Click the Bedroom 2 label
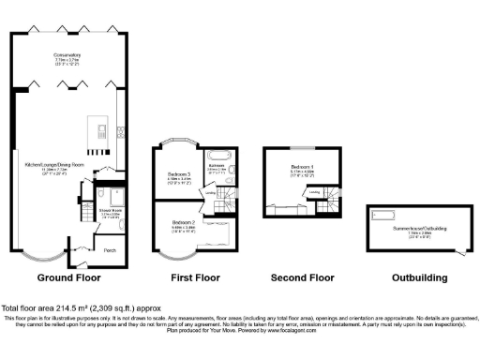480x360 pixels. click(x=183, y=223)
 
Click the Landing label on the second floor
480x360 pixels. click(x=315, y=194)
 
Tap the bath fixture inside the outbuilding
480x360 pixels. click(x=385, y=215)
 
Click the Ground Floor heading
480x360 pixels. click(x=68, y=278)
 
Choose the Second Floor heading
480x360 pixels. click(x=302, y=278)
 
